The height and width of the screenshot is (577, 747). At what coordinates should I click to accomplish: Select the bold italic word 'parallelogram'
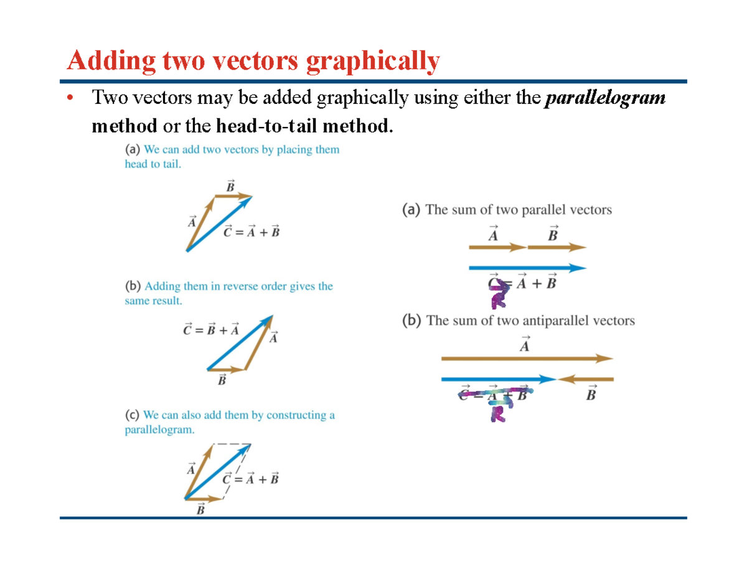click(604, 98)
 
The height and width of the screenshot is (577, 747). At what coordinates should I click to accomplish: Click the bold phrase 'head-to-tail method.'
click(304, 126)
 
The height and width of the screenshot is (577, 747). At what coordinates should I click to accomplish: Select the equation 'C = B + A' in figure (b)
click(211, 330)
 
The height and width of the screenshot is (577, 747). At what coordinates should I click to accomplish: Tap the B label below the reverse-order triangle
click(222, 380)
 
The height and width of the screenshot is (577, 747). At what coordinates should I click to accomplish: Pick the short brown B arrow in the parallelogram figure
click(205, 499)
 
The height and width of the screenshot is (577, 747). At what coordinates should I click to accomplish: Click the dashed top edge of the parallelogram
click(232, 444)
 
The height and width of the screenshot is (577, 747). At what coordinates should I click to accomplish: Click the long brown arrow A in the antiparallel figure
click(527, 359)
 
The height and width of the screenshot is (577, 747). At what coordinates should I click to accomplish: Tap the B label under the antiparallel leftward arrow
click(591, 394)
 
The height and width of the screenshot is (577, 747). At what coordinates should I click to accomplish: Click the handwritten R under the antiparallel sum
click(498, 412)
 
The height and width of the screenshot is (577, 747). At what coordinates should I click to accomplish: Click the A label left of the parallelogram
click(191, 469)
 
